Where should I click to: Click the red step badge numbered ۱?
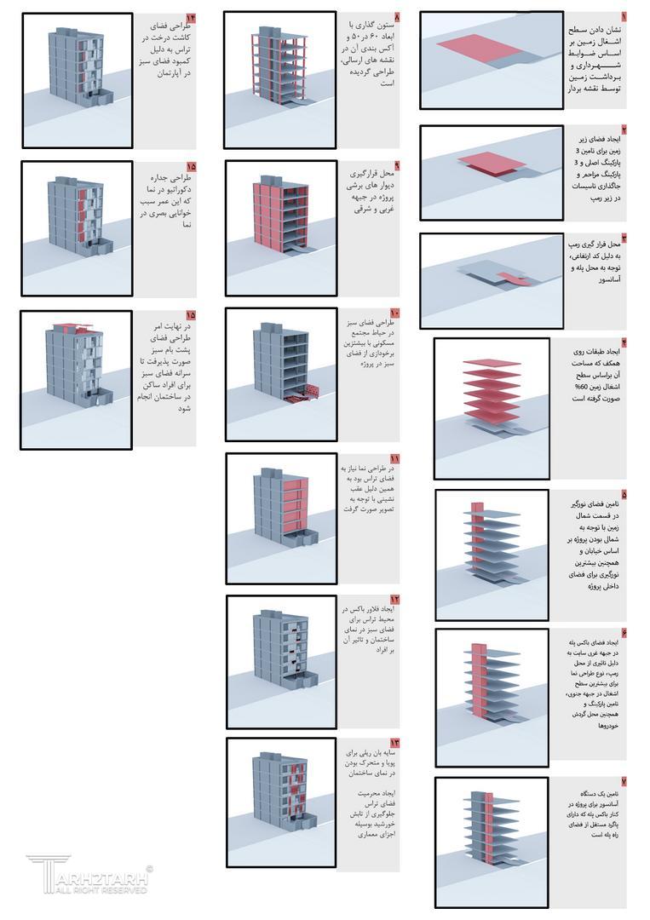(x=623, y=16)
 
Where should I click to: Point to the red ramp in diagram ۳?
(x=514, y=278)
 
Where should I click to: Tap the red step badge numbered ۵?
(x=623, y=494)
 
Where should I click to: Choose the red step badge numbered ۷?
(x=623, y=781)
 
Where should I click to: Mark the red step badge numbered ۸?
(x=396, y=16)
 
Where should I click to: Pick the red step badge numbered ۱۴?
(x=190, y=16)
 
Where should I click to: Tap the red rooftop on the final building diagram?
(x=72, y=327)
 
